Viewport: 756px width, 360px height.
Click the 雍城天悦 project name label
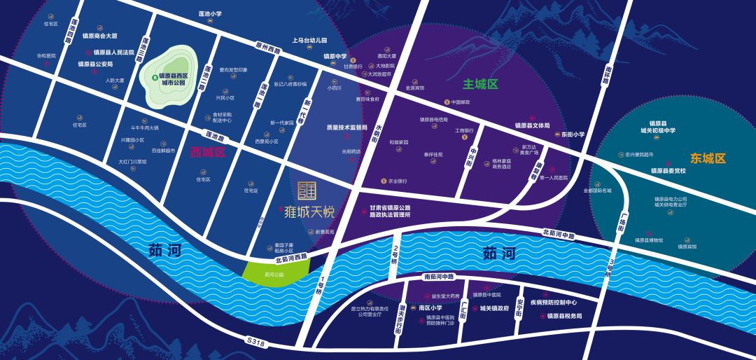[309, 209]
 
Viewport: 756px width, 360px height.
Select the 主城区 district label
[479, 84]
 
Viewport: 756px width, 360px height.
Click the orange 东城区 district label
[708, 158]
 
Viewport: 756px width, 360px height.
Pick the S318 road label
[256, 341]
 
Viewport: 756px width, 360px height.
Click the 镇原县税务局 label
[564, 316]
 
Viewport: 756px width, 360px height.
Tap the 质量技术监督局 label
[346, 127]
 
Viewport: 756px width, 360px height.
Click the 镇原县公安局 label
[95, 64]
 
